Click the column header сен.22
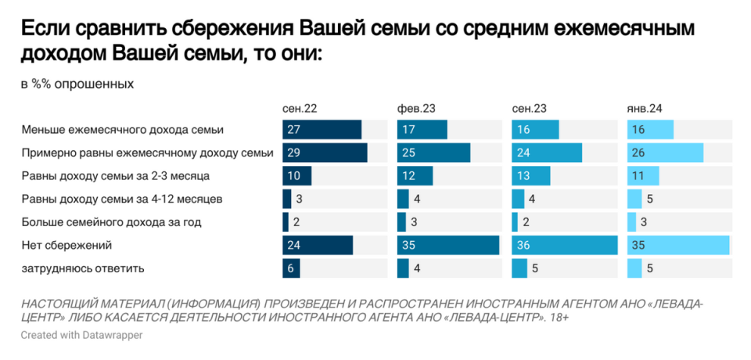300,108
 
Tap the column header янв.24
645,108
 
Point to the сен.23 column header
529,108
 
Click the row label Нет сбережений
67,246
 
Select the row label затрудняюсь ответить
83,268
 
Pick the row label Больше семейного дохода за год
112,222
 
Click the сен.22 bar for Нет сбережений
318,246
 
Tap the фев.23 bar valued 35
448,246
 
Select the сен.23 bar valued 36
564,246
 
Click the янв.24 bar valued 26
666,153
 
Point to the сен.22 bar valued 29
325,153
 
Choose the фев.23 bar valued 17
422,130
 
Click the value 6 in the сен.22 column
291,268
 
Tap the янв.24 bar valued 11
643,175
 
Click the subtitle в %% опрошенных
77,84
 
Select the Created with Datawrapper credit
81,335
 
